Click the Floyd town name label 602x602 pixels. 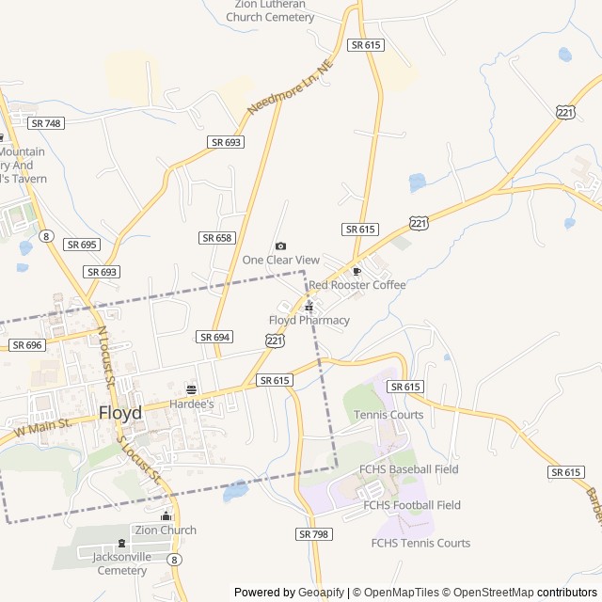coord(120,413)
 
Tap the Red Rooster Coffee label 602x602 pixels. coord(357,285)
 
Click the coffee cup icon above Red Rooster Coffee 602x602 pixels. coord(356,271)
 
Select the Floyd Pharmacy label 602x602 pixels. coord(309,320)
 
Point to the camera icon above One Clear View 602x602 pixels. coord(280,246)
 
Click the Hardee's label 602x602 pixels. coord(192,404)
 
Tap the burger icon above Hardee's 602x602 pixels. coord(192,389)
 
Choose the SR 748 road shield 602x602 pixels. coord(45,123)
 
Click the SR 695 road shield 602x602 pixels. coord(82,245)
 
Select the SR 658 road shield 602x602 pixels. coord(216,238)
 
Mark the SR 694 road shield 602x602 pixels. coord(215,337)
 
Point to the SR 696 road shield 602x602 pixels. coord(27,345)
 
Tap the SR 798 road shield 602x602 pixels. coord(314,534)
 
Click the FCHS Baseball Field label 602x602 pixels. coord(409,469)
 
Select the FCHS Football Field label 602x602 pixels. coord(412,505)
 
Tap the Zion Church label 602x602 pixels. coord(166,530)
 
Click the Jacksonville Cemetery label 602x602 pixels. coord(120,563)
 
